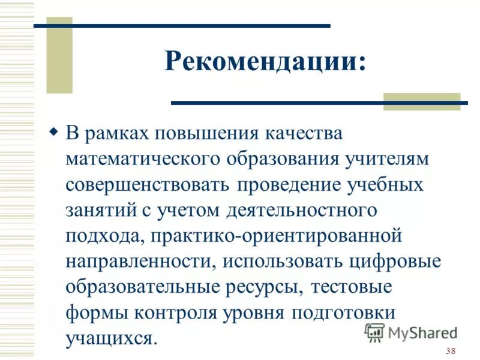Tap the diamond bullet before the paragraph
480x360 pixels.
(x=53, y=131)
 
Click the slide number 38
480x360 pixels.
(x=451, y=351)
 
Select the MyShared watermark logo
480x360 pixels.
(x=410, y=332)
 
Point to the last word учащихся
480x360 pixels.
(x=112, y=339)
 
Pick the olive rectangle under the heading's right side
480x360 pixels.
(x=421, y=101)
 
